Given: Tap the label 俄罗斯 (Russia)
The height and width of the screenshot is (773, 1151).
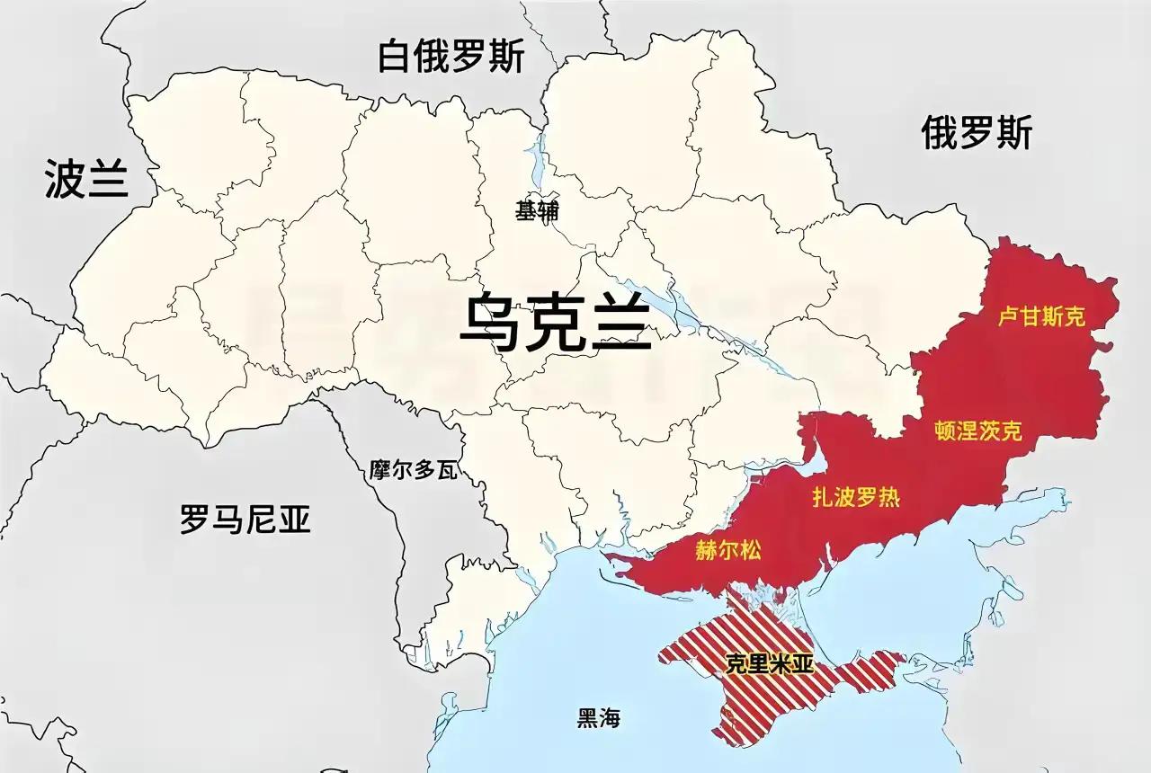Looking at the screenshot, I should point(977,133).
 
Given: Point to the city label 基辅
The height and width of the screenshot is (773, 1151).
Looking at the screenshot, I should point(537,211).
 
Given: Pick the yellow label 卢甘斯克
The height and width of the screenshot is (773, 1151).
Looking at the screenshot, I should point(1042,316).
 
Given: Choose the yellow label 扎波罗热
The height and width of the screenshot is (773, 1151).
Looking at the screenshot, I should point(856,497).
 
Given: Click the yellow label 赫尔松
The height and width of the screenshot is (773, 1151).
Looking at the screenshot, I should point(727,550).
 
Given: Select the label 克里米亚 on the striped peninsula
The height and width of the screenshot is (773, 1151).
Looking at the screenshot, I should point(769,664).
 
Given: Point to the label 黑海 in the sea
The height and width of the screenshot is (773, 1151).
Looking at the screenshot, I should point(599,718).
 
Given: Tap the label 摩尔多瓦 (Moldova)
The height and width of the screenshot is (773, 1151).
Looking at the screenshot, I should point(414,470).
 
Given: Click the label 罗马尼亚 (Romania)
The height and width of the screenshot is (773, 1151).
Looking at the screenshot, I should point(245,519).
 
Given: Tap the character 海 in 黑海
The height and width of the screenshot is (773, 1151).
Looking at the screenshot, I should point(611,718).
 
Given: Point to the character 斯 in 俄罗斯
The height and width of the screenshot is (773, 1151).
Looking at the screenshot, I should point(1014,133).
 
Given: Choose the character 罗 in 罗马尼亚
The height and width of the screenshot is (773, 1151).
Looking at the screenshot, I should point(195,519).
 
